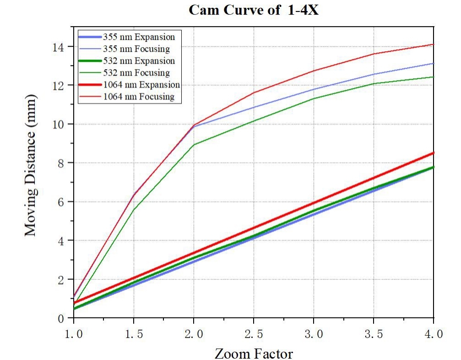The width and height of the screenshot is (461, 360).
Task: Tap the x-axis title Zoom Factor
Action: [x=253, y=353]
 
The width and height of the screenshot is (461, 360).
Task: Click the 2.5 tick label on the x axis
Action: [x=253, y=334]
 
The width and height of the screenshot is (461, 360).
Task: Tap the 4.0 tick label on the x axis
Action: [x=433, y=334]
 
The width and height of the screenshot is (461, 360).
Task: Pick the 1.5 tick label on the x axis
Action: [x=133, y=334]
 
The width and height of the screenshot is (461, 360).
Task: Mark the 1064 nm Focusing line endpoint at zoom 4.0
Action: [x=433, y=44]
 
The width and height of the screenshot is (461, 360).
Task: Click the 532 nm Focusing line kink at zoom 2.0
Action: [x=194, y=145]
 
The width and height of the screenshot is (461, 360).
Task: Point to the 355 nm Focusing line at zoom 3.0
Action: [x=314, y=89]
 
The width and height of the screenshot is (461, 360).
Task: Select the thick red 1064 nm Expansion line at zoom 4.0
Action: [x=433, y=153]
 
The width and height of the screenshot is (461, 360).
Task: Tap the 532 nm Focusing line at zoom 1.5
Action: [x=134, y=209]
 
